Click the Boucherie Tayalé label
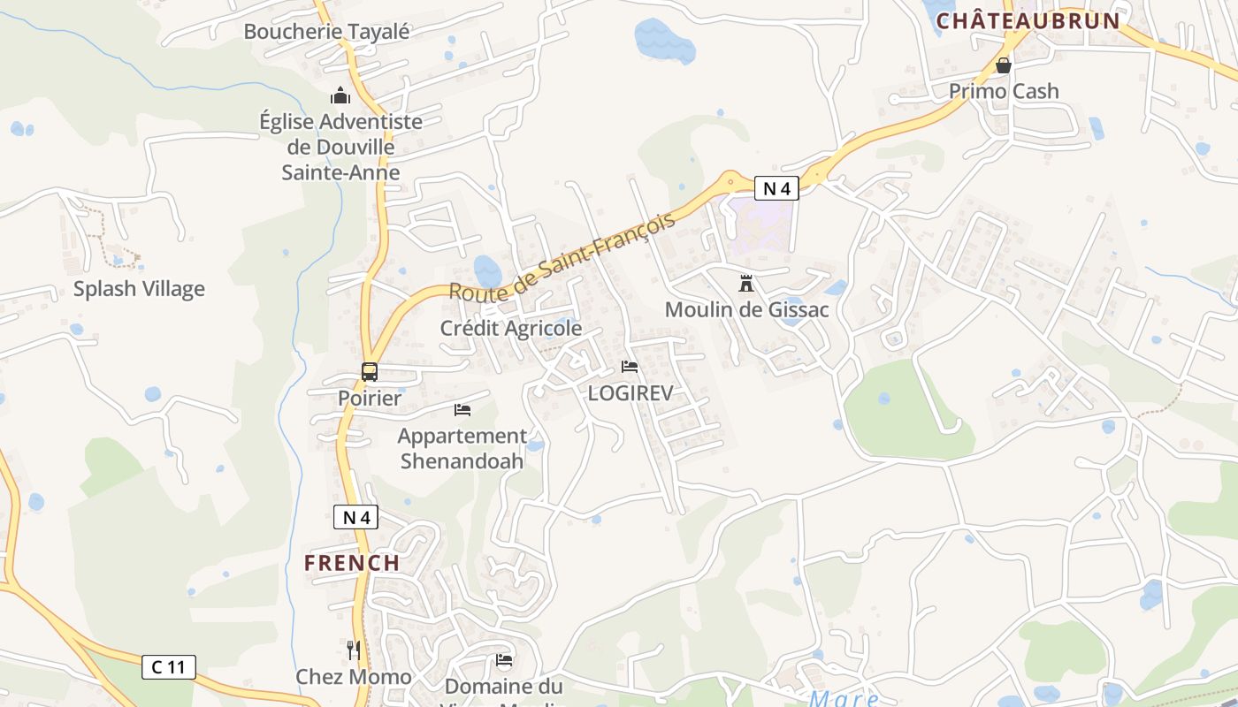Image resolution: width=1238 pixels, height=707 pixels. pyautogui.click(x=326, y=32)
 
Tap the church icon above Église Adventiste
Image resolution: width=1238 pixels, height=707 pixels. pyautogui.click(x=340, y=95)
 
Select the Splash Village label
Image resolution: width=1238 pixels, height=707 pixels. pyautogui.click(x=139, y=289)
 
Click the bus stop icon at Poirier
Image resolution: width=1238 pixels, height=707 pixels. pyautogui.click(x=370, y=372)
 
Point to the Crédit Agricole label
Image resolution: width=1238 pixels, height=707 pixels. pyautogui.click(x=511, y=329)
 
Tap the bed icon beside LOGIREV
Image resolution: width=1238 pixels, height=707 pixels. pyautogui.click(x=630, y=367)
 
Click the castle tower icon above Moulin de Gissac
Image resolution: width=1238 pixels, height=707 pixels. pyautogui.click(x=747, y=284)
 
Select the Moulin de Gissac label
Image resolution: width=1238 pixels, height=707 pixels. pyautogui.click(x=747, y=310)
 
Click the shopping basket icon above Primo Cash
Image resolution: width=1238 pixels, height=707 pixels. pyautogui.click(x=1004, y=65)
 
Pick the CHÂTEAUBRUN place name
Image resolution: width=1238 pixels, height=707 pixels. pyautogui.click(x=1028, y=21)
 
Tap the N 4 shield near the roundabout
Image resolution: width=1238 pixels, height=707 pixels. pyautogui.click(x=776, y=188)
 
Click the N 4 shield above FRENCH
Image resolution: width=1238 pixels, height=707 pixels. pyautogui.click(x=355, y=518)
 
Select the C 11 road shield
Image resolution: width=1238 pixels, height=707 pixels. pyautogui.click(x=169, y=667)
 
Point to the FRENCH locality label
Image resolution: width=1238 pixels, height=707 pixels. pyautogui.click(x=352, y=563)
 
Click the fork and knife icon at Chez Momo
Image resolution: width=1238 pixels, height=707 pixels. pyautogui.click(x=354, y=651)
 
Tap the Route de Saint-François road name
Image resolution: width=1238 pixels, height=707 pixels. pyautogui.click(x=562, y=256)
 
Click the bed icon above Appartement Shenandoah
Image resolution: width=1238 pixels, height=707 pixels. pyautogui.click(x=462, y=410)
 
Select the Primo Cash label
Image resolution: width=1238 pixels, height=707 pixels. pyautogui.click(x=1004, y=92)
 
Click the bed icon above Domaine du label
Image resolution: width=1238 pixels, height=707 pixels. pyautogui.click(x=504, y=660)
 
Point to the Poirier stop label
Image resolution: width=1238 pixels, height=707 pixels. pyautogui.click(x=370, y=399)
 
